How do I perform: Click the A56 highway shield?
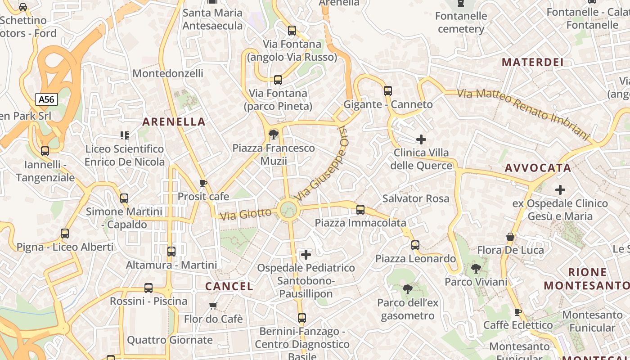(47, 99)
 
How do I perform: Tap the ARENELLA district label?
(174, 121)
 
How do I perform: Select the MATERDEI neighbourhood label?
(532, 62)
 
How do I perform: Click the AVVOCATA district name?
(538, 168)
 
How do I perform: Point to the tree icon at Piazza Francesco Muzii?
(273, 134)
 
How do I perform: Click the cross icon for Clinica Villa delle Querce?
(421, 139)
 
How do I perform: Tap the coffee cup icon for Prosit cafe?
(203, 183)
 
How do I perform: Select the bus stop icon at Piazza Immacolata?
(360, 209)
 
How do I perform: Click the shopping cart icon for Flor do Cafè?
(213, 306)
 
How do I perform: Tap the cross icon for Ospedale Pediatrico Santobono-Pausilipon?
(306, 255)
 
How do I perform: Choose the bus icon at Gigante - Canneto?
(388, 91)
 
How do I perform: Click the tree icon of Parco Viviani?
(476, 269)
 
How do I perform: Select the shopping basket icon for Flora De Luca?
(510, 237)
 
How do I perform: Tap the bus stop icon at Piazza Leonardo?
(415, 245)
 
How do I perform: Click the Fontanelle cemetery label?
(461, 22)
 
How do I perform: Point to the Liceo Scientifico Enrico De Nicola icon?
(125, 135)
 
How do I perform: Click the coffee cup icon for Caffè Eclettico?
(518, 311)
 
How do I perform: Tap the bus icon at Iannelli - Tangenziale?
(45, 151)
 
